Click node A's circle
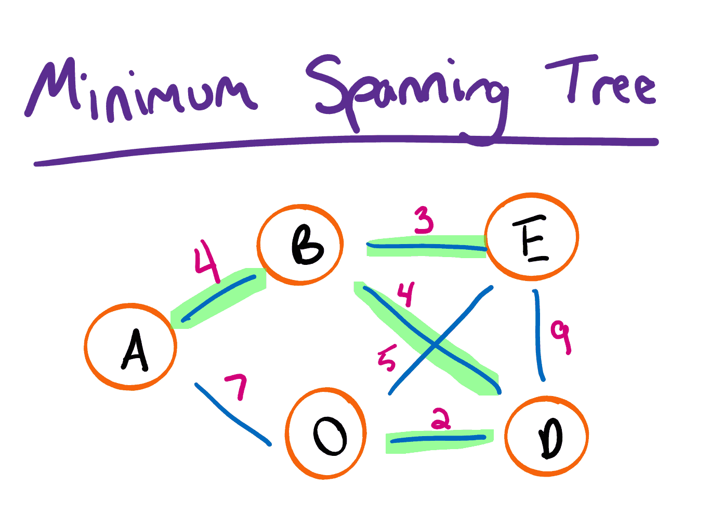click(x=130, y=347)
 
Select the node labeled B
click(x=300, y=245)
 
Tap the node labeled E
click(x=532, y=237)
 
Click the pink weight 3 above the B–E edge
click(x=424, y=220)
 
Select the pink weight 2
click(x=441, y=419)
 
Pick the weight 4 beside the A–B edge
click(x=206, y=260)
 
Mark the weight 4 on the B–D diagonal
click(x=406, y=294)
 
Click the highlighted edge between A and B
click(x=218, y=298)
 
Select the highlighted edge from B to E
click(x=426, y=247)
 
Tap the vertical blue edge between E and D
click(x=538, y=336)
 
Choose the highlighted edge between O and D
click(x=439, y=440)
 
